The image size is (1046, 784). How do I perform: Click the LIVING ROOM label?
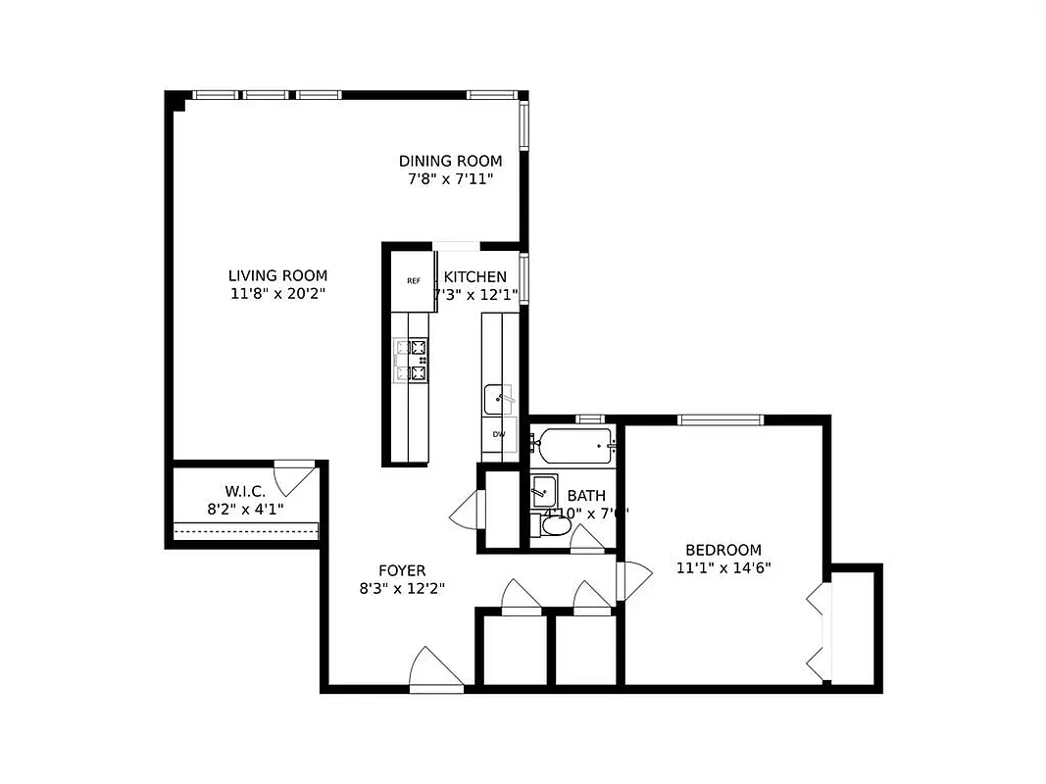(277, 276)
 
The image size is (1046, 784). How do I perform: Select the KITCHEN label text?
(475, 277)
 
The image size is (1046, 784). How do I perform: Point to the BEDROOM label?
(722, 551)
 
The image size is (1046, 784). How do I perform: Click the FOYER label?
(402, 571)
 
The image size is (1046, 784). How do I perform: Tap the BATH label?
(586, 496)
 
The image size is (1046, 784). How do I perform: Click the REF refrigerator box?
(414, 281)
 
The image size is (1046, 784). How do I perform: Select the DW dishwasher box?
(499, 434)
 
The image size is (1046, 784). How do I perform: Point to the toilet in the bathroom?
(556, 526)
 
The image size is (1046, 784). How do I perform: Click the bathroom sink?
(543, 490)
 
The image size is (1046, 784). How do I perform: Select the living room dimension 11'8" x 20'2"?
(277, 293)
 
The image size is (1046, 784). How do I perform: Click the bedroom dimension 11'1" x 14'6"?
(722, 567)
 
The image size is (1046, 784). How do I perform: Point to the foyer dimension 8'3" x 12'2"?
(402, 589)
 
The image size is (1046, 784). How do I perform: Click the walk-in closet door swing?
(292, 477)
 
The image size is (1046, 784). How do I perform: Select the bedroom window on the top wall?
(721, 419)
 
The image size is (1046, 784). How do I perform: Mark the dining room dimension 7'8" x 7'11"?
(450, 178)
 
